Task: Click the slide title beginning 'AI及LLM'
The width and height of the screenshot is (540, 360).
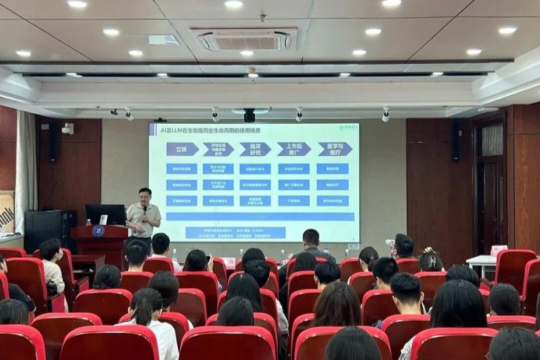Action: [x=206, y=130]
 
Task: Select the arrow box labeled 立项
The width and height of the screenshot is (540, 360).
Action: [x=183, y=149]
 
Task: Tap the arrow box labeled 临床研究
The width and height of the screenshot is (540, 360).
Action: [x=255, y=149]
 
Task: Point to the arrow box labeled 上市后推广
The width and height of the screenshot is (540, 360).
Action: [x=293, y=149]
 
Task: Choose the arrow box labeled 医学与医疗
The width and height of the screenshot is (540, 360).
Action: [x=334, y=149]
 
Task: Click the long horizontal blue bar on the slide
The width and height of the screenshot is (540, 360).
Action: [x=260, y=216]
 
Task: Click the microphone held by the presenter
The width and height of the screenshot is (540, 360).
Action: [x=145, y=209]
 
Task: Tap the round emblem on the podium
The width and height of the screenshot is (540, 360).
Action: [x=99, y=231]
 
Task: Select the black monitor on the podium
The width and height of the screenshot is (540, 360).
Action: [x=105, y=214]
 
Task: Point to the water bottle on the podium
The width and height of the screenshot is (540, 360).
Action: [x=89, y=222]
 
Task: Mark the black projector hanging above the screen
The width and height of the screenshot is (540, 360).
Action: [x=250, y=115]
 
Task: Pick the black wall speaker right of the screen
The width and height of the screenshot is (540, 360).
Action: [x=455, y=141]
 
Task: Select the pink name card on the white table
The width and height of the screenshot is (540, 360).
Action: [x=499, y=251]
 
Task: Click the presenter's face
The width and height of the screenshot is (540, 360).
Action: [x=145, y=195]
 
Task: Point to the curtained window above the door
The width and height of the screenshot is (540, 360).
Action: [x=492, y=139]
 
